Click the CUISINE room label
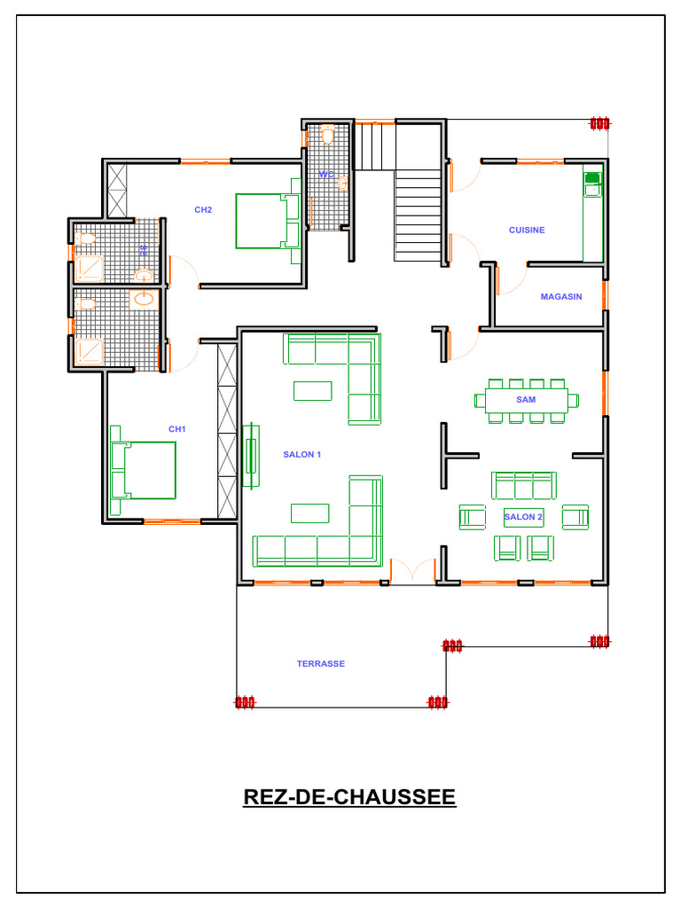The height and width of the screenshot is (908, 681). (x=527, y=231)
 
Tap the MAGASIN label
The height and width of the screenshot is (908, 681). (x=561, y=297)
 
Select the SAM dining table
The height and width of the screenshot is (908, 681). (x=526, y=400)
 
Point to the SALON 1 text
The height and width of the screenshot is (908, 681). (x=301, y=455)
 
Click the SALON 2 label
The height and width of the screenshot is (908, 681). (x=523, y=517)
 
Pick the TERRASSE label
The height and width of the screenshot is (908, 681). (x=321, y=664)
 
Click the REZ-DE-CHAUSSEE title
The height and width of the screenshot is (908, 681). (x=349, y=797)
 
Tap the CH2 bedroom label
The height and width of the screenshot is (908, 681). (x=203, y=210)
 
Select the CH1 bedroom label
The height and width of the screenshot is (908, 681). (x=177, y=429)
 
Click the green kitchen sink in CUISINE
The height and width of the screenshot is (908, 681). (x=591, y=184)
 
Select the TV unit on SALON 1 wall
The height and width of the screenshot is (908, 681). (x=252, y=454)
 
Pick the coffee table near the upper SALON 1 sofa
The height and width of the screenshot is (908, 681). (x=313, y=390)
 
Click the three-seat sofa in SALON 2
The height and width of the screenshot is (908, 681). (x=523, y=486)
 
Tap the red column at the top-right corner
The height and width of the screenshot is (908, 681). (x=600, y=123)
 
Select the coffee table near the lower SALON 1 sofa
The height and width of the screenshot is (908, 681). (x=310, y=513)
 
